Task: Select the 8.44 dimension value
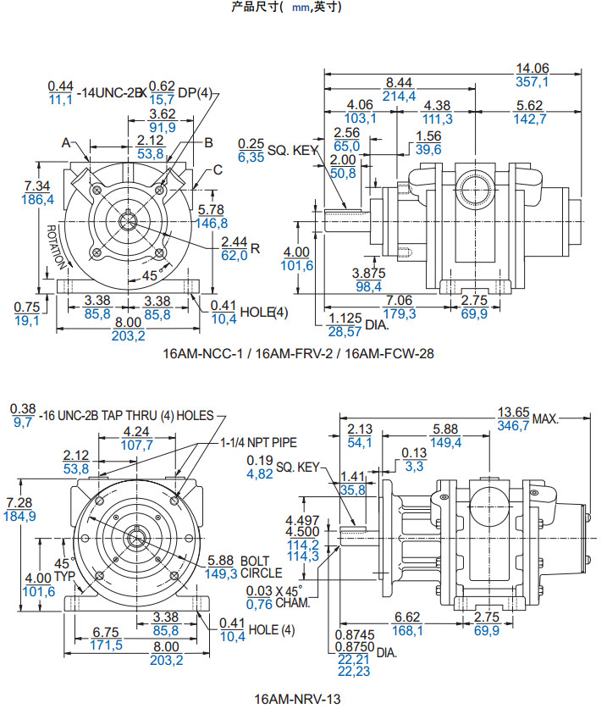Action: pyautogui.click(x=399, y=82)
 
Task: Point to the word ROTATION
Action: pyautogui.click(x=56, y=246)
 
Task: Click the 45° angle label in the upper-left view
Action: pyautogui.click(x=150, y=275)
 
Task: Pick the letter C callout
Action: pyautogui.click(x=217, y=169)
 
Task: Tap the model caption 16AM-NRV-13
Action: pyautogui.click(x=298, y=700)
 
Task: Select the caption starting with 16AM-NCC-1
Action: pyautogui.click(x=298, y=354)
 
